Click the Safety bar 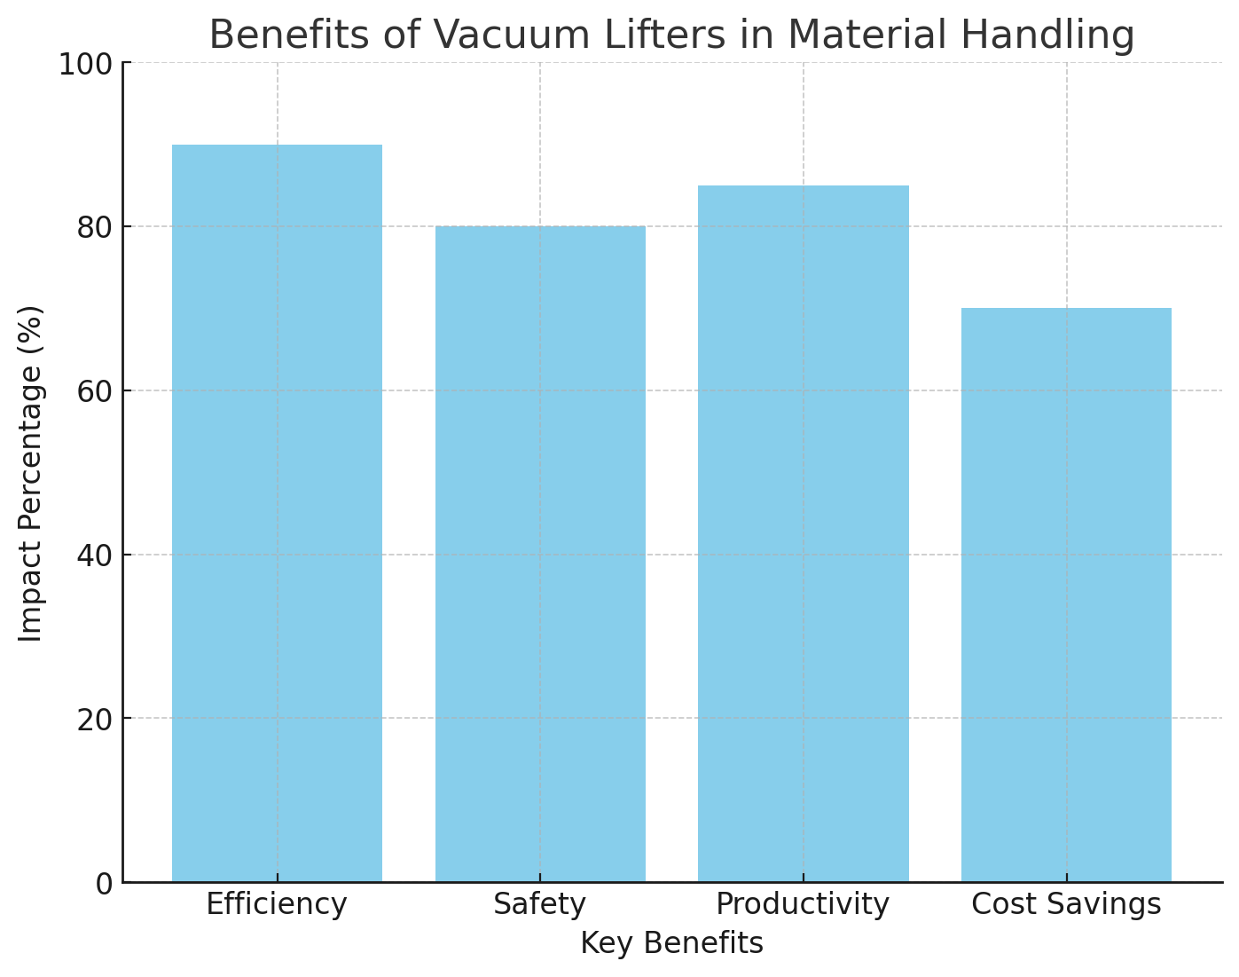[540, 554]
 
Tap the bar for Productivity [803, 533]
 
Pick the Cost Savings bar [1066, 595]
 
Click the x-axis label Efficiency [277, 904]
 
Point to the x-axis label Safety [540, 904]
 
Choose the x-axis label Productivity [803, 904]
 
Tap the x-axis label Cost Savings [1066, 904]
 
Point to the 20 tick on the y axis [94, 719]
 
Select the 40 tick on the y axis [94, 555]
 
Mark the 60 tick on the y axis [94, 390]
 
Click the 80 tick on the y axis [94, 227]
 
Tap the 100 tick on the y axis [86, 63]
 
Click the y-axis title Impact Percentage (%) [31, 473]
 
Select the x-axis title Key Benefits [671, 943]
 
